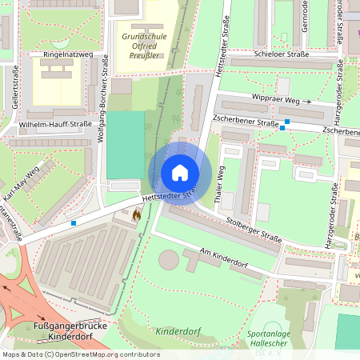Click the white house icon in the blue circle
pos(180,172)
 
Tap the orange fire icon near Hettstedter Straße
pos(137,215)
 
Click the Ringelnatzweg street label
pos(67,55)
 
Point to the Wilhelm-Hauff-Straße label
pos(54,125)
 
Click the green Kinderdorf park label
pos(177,330)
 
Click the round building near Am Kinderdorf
pos(169,259)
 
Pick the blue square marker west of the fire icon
pos(74,222)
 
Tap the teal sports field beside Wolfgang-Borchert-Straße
pos(126,145)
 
